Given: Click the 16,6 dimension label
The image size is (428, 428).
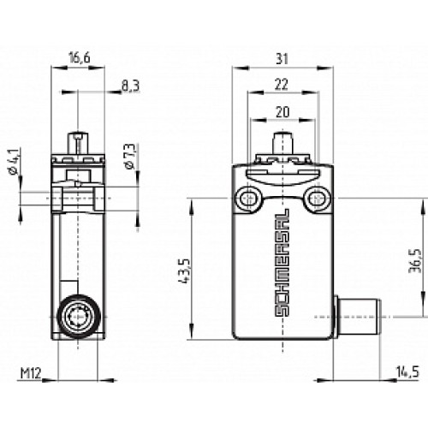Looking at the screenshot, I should (78, 58).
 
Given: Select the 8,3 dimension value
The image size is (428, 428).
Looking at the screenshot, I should (129, 86).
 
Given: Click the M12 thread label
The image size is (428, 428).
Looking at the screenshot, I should (30, 373).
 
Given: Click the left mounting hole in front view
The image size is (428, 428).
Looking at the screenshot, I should (250, 199).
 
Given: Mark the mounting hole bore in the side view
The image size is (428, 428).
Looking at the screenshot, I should (78, 199).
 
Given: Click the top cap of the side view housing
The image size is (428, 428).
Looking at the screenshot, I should (78, 160).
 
